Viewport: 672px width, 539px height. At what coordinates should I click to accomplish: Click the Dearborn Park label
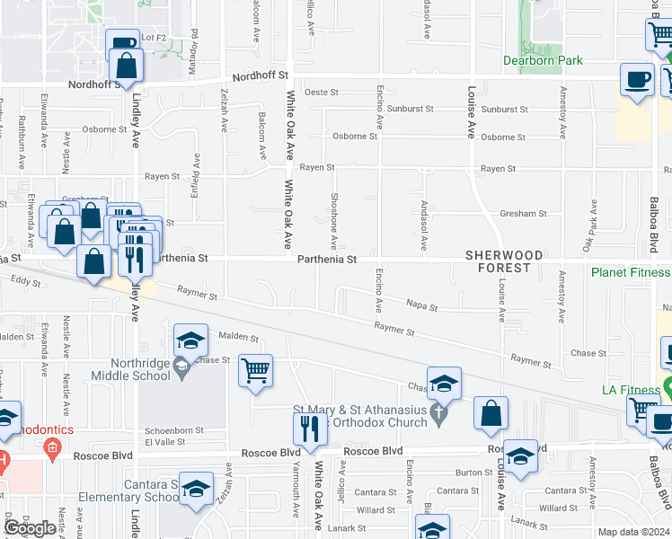point(543,61)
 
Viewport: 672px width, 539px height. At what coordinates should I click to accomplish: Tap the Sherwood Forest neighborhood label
point(504,261)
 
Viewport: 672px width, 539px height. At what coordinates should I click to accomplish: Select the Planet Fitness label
point(630,272)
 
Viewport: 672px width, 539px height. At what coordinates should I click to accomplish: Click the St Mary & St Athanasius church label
point(369,415)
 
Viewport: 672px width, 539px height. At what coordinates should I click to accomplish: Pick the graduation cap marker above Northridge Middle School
point(190,340)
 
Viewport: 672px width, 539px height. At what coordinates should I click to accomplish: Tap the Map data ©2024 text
point(634,532)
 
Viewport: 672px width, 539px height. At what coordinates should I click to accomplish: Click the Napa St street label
point(421,308)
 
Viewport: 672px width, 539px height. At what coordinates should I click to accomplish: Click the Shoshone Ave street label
point(333,220)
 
